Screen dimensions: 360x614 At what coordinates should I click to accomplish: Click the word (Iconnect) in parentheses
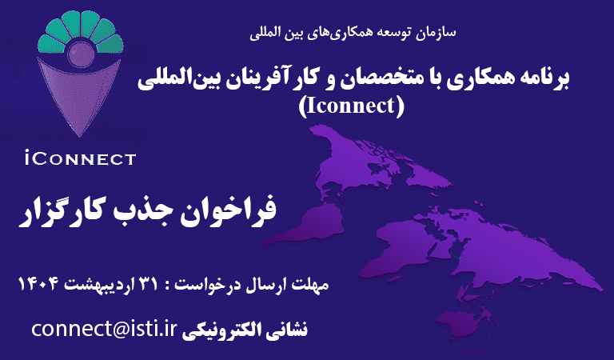pyautogui.click(x=353, y=105)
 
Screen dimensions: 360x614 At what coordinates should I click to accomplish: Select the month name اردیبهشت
pyautogui.click(x=100, y=285)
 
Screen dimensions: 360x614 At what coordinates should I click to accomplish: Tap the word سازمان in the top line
pyautogui.click(x=435, y=34)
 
